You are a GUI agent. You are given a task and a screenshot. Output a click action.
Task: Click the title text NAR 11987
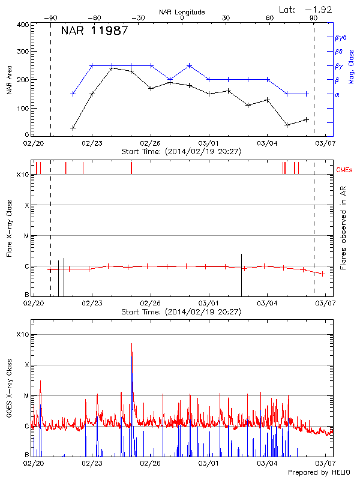(x=94, y=31)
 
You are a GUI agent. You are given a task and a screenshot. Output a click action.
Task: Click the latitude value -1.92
(x=319, y=9)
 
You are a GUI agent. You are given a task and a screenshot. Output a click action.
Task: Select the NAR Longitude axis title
(x=182, y=12)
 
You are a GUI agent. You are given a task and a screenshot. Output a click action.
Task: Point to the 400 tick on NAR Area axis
(x=22, y=25)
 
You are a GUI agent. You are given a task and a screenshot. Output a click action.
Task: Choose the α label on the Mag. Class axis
(x=337, y=94)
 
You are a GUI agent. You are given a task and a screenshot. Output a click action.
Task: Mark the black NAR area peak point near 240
(x=112, y=68)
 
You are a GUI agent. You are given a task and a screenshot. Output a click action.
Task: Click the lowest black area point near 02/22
(x=73, y=128)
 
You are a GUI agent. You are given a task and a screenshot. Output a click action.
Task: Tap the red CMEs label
(x=345, y=170)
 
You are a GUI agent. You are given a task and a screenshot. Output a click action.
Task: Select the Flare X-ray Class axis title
(x=9, y=230)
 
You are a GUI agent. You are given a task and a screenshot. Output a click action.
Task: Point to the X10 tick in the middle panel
(x=22, y=175)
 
